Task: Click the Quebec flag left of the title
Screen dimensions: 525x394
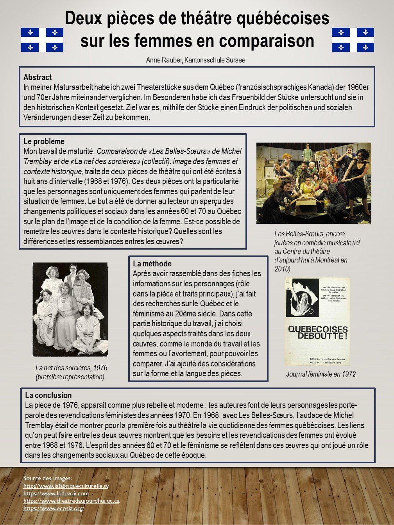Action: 42,40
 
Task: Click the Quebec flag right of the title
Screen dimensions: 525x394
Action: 353,40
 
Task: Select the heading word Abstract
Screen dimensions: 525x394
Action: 38,77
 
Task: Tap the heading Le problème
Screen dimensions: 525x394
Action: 44,141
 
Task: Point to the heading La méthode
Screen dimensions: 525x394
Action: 152,264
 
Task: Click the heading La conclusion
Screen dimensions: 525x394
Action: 48,395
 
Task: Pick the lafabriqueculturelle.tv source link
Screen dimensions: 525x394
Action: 66,486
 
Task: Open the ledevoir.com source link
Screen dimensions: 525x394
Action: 56,493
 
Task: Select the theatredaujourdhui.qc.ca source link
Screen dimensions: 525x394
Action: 71,501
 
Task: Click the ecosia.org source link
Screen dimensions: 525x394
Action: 54,508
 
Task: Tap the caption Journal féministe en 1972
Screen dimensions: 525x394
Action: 321,374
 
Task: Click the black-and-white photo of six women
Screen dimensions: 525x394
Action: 70,309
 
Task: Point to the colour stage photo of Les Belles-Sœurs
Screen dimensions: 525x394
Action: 313,183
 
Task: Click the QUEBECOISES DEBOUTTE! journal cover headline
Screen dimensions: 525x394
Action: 317,332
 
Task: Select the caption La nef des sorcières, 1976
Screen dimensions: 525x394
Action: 71,368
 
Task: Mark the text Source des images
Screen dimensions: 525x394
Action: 47,478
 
